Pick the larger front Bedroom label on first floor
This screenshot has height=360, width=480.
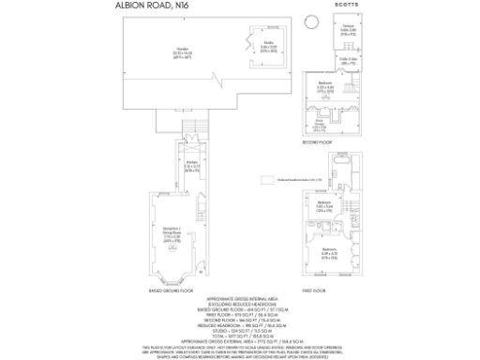coord(327,251)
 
